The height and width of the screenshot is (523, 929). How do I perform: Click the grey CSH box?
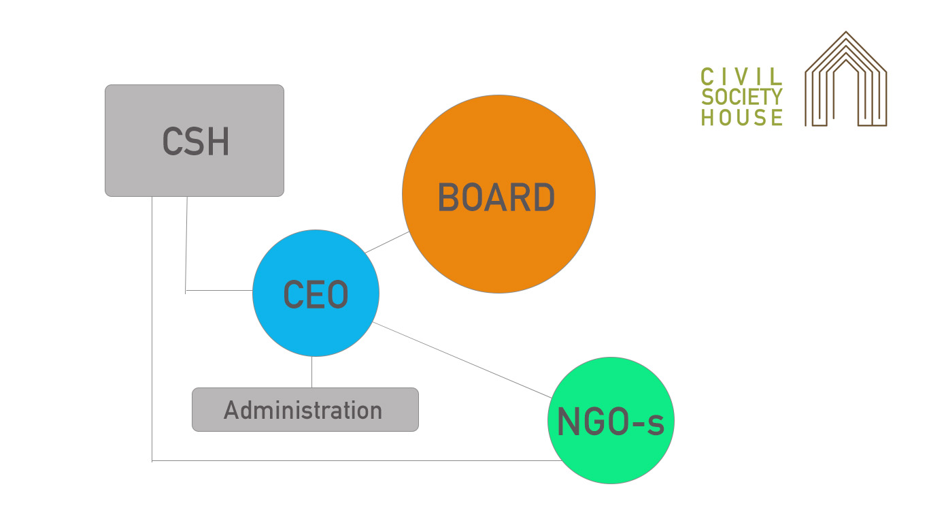pyautogui.click(x=195, y=140)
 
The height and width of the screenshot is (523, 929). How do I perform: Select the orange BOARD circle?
pyautogui.click(x=499, y=194)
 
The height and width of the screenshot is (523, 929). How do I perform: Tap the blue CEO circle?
pyautogui.click(x=316, y=293)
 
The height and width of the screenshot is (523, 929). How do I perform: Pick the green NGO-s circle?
pyautogui.click(x=611, y=420)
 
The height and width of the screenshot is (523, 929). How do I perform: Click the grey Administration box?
pyautogui.click(x=305, y=409)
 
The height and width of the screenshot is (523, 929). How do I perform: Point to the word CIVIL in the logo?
pyautogui.click(x=741, y=77)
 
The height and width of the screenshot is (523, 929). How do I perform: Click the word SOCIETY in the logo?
pyautogui.click(x=741, y=97)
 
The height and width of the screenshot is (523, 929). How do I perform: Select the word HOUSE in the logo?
pyautogui.click(x=741, y=117)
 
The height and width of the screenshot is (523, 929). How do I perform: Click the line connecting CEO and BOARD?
pyautogui.click(x=387, y=242)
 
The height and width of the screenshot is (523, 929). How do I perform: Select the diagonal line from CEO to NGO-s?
pyautogui.click(x=462, y=360)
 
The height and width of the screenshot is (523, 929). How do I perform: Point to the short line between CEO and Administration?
pyautogui.click(x=312, y=372)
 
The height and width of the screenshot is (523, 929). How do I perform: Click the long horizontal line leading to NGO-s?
pyautogui.click(x=356, y=460)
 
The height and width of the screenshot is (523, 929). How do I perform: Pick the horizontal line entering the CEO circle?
pyautogui.click(x=219, y=290)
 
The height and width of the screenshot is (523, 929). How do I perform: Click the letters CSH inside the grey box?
pyautogui.click(x=195, y=142)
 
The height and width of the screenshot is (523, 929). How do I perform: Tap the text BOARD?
pyautogui.click(x=496, y=197)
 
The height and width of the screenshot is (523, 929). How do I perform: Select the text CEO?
pyautogui.click(x=316, y=294)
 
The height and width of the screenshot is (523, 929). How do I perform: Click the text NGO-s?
pyautogui.click(x=611, y=422)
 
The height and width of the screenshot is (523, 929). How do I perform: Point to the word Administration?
pyautogui.click(x=303, y=411)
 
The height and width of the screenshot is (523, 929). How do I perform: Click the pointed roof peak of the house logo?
pyautogui.click(x=846, y=32)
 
